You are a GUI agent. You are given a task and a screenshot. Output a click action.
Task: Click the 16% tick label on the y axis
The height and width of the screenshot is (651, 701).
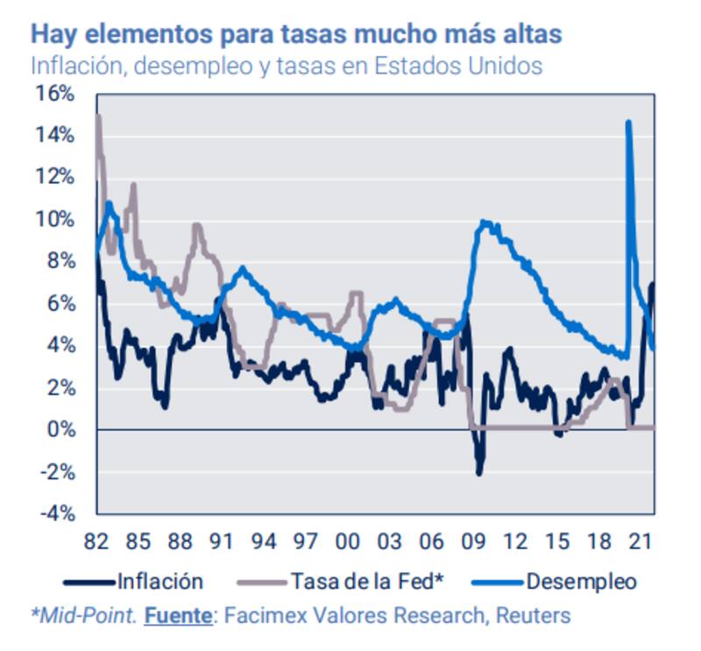[55, 94]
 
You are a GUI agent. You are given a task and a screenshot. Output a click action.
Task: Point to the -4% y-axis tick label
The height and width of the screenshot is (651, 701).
[55, 513]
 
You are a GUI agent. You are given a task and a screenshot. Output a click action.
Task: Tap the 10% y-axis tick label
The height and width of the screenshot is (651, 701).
[55, 220]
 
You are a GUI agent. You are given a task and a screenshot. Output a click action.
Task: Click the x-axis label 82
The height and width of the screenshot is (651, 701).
[97, 540]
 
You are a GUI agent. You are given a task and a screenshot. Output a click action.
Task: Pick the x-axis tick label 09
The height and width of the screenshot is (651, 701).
[475, 540]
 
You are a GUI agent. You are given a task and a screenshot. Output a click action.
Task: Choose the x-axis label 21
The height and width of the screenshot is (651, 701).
[643, 540]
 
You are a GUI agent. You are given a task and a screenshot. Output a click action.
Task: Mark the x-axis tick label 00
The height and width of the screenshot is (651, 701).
[349, 540]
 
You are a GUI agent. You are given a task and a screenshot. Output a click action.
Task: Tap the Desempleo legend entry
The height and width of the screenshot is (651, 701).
[581, 581]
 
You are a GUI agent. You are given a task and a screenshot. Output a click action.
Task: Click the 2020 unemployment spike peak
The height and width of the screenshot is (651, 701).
[628, 123]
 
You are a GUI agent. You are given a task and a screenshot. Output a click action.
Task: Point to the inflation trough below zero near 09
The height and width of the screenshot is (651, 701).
[478, 473]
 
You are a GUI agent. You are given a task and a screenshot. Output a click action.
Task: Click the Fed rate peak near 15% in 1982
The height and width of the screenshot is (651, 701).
[98, 117]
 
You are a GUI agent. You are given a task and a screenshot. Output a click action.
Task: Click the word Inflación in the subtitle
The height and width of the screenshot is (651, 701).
[74, 66]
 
